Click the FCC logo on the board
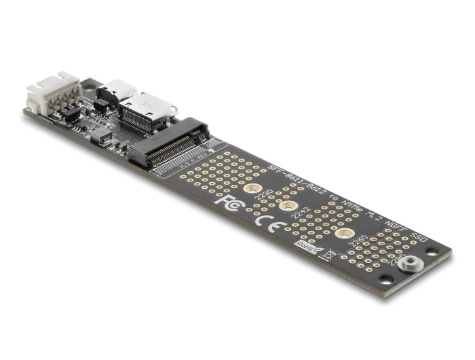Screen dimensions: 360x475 click(227, 201)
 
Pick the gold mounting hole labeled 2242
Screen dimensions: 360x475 click(288, 206)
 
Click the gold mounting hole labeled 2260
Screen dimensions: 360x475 click(345, 234)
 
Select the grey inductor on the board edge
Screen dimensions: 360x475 click(101, 134)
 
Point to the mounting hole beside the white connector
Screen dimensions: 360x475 click(87, 86)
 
